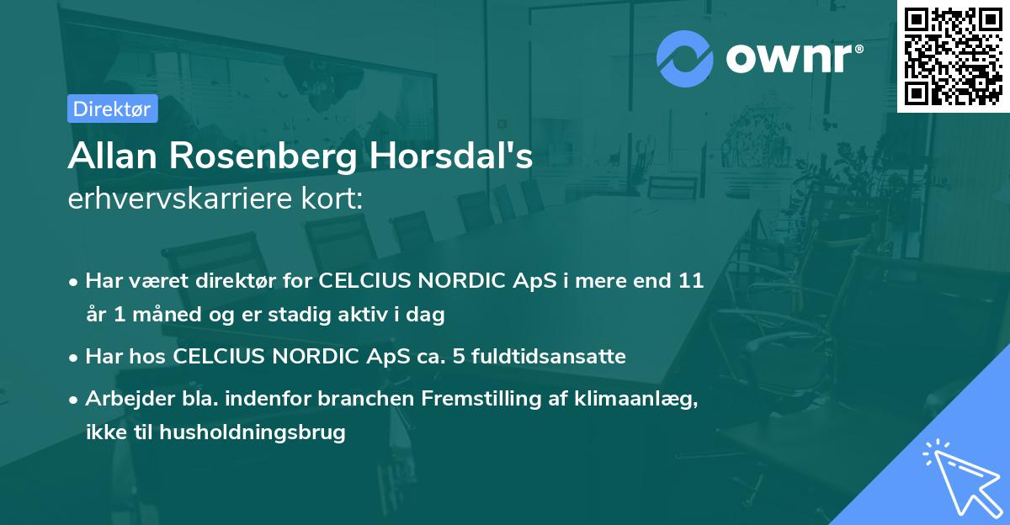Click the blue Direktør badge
[112, 109]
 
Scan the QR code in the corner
[954, 56]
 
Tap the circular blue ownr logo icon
[685, 58]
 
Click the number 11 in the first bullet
[691, 280]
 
